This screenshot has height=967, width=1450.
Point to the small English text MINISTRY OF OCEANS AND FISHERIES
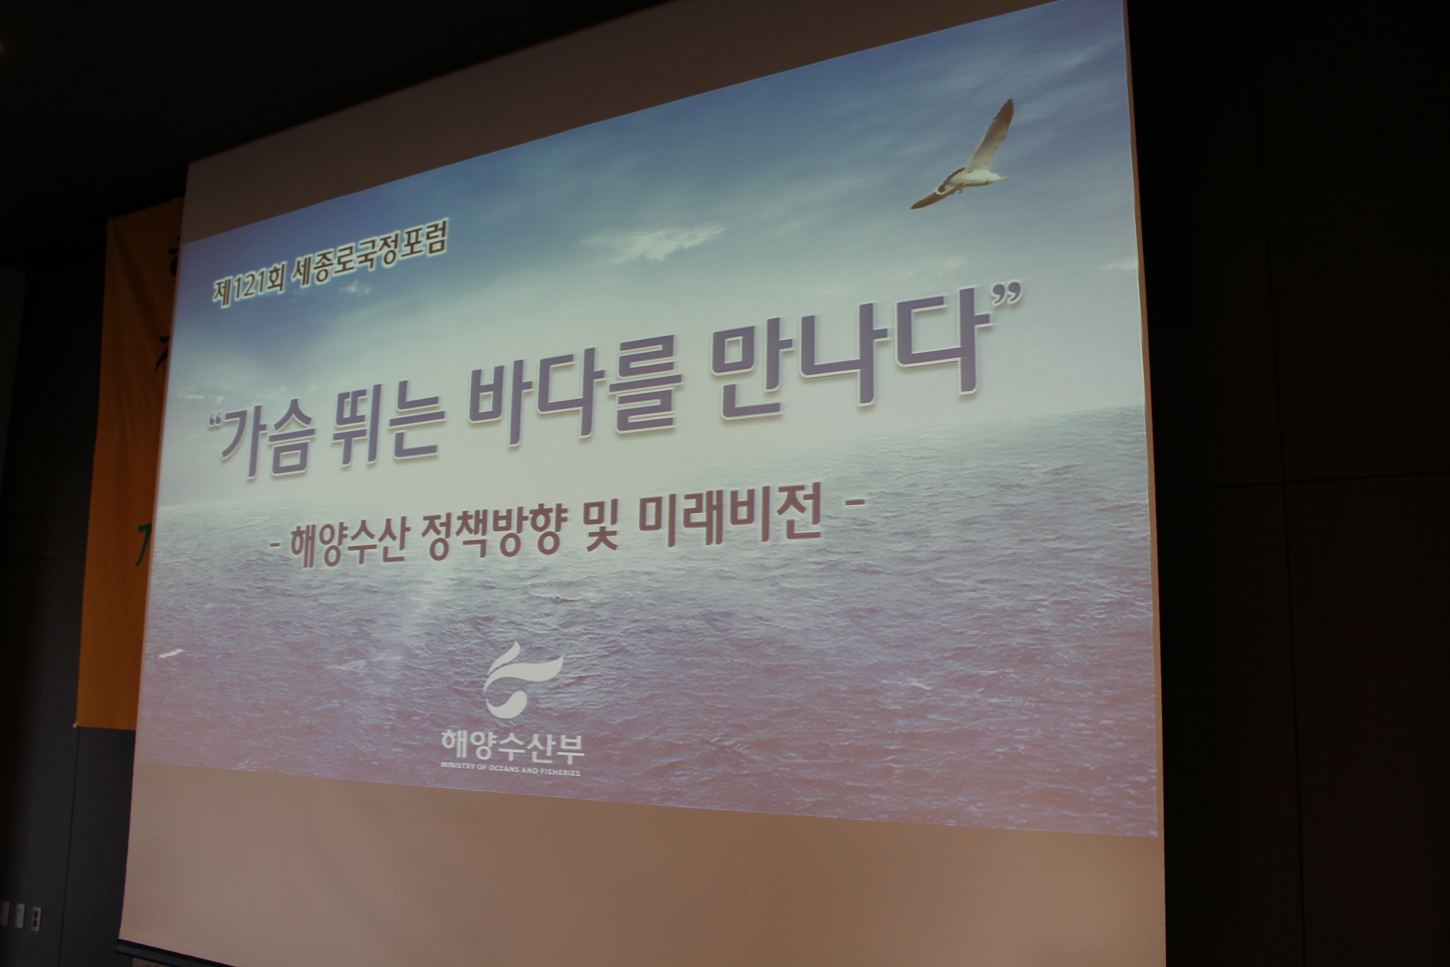tap(510, 769)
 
